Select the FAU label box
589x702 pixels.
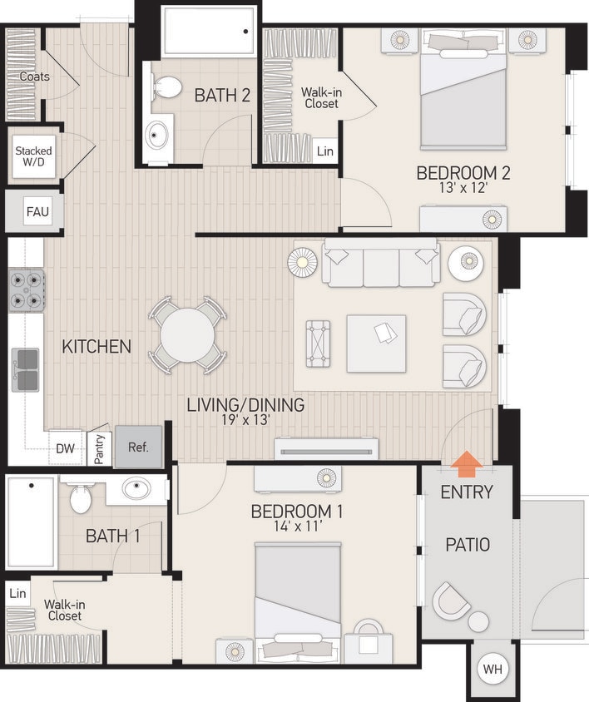37,211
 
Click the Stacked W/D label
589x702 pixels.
33,156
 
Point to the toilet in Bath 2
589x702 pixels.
167,87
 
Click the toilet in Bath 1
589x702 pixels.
81,499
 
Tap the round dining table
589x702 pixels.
187,335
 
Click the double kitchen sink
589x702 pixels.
26,369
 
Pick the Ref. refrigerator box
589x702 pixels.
138,447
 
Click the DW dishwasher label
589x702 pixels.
65,448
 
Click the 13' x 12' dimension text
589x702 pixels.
463,189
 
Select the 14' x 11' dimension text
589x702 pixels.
297,526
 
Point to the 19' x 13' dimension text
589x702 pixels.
245,421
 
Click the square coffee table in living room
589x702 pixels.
376,343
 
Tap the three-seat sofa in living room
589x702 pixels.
382,264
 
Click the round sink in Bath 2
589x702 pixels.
158,135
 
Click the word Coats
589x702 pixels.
34,77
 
